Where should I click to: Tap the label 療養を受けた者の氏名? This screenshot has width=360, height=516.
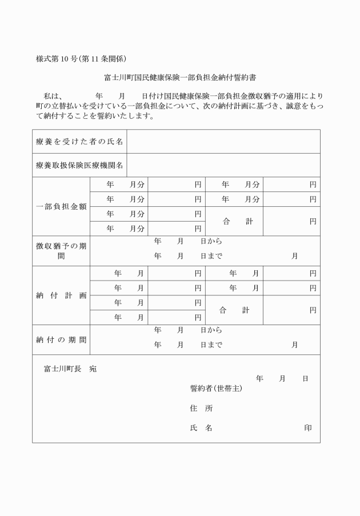pyautogui.click(x=79, y=141)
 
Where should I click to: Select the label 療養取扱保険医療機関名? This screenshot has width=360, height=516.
pyautogui.click(x=79, y=165)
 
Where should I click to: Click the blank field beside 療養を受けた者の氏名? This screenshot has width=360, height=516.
pyautogui.click(x=223, y=141)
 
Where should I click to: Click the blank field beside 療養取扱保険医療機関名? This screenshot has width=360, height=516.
pyautogui.click(x=223, y=165)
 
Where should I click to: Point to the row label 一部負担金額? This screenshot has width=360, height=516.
pyautogui.click(x=61, y=206)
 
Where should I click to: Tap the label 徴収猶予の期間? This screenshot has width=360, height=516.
pyautogui.click(x=61, y=251)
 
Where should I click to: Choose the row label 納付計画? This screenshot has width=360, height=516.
pyautogui.click(x=61, y=295)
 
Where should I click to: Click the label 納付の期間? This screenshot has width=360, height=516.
pyautogui.click(x=61, y=339)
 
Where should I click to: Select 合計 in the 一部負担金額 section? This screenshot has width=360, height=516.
pyautogui.click(x=234, y=221)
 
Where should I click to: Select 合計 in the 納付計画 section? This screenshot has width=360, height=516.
pyautogui.click(x=234, y=310)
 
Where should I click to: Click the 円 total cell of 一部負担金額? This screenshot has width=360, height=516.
pyautogui.click(x=291, y=221)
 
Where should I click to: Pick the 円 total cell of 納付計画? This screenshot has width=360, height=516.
pyautogui.click(x=291, y=310)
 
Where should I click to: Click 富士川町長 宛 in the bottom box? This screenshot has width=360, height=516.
pyautogui.click(x=70, y=369)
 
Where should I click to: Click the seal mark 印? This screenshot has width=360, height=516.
pyautogui.click(x=308, y=428)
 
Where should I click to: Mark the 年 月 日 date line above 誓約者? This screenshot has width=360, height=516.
pyautogui.click(x=282, y=379)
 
